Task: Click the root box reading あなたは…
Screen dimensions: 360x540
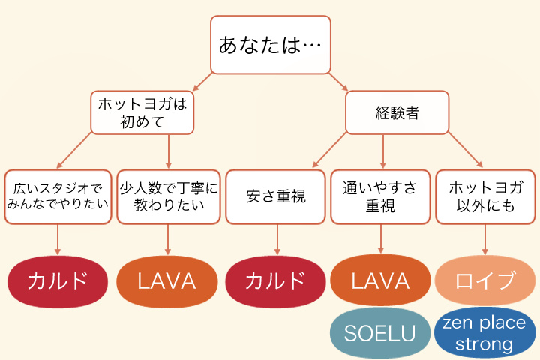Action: tap(270, 45)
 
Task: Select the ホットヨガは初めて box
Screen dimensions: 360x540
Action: tap(142, 112)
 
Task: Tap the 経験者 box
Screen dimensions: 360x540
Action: tap(397, 112)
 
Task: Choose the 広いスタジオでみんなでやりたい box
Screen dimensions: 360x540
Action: tap(58, 197)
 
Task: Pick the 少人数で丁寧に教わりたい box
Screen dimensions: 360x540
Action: tap(168, 197)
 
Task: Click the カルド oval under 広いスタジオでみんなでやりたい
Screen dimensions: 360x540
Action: tap(58, 281)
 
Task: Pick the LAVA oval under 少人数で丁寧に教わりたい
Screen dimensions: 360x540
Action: tap(166, 281)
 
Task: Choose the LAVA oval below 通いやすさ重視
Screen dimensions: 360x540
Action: tap(380, 281)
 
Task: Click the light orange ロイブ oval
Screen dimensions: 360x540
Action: tap(485, 281)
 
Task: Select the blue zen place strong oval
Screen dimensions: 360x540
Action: tap(485, 333)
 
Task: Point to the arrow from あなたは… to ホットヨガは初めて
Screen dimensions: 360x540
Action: tap(201, 82)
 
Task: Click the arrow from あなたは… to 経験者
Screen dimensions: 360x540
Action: tap(338, 82)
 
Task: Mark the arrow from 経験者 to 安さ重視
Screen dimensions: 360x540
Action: tap(330, 150)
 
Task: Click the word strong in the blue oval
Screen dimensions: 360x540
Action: tap(483, 344)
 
